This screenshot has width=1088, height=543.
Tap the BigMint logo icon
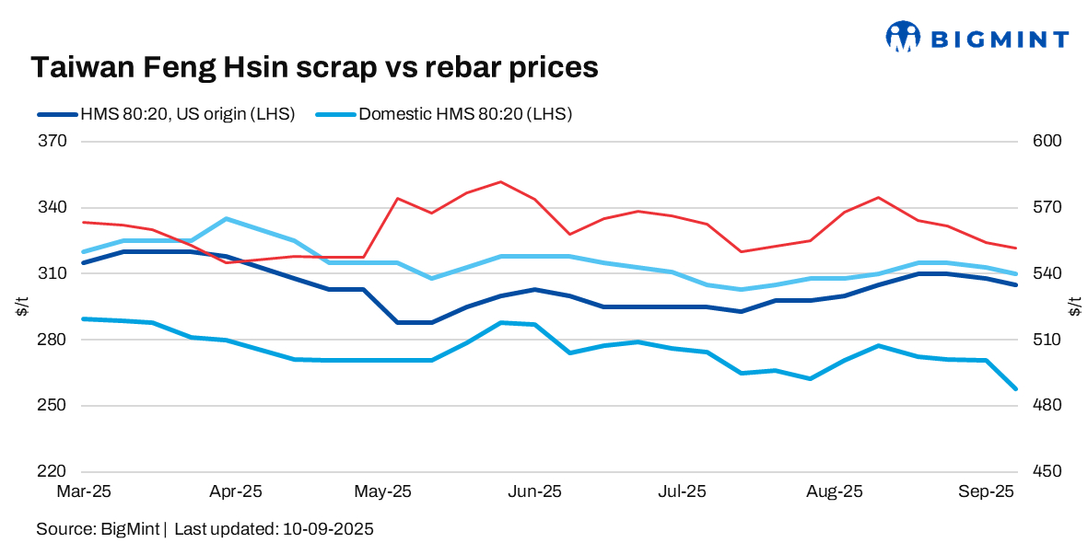[x=903, y=38]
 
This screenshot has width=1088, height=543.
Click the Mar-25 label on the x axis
[x=83, y=492]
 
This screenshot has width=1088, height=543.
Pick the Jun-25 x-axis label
[x=534, y=492]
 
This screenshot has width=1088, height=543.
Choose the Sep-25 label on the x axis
[x=987, y=492]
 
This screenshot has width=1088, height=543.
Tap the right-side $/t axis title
[x=1075, y=307]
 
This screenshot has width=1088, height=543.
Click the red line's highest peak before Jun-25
[x=500, y=181]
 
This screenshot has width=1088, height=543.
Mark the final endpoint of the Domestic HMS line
[x=1016, y=389]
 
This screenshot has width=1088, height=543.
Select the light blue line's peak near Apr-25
[x=226, y=219]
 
